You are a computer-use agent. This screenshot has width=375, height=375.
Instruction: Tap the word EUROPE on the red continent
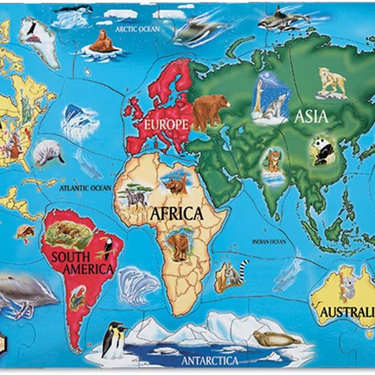(x=166, y=124)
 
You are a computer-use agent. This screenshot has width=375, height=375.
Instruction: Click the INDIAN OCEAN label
(x=269, y=242)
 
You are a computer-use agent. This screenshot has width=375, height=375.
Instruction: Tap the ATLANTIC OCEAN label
(x=86, y=187)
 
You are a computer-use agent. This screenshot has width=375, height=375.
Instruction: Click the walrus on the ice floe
(x=103, y=42)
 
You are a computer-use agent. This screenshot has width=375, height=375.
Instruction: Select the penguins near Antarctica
(x=114, y=339)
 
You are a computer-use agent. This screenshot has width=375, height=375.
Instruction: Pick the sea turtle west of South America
(x=26, y=232)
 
